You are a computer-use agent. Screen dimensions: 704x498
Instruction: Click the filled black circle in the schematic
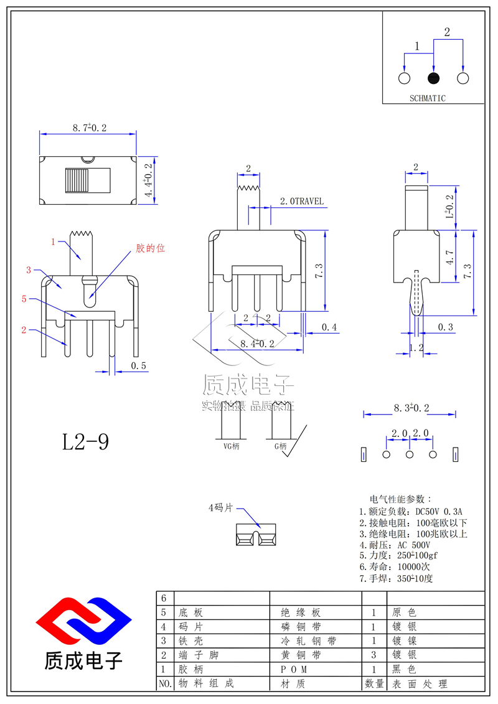pyautogui.click(x=433, y=78)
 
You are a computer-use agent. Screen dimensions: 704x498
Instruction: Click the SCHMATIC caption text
pyautogui.click(x=428, y=98)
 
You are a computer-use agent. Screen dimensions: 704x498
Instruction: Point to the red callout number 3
pyautogui.click(x=29, y=270)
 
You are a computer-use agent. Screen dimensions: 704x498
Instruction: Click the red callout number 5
pyautogui.click(x=24, y=299)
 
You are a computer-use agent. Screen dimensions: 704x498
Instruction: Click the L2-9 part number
pyautogui.click(x=85, y=442)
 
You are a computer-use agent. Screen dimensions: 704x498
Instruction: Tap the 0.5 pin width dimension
pyautogui.click(x=139, y=366)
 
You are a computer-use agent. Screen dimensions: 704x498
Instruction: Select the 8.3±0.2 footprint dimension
pyautogui.click(x=411, y=408)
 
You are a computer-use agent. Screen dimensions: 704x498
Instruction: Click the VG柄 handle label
pyautogui.click(x=231, y=446)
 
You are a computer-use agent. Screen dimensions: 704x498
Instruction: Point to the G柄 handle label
pyautogui.click(x=280, y=446)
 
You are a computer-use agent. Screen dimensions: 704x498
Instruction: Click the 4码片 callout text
pyautogui.click(x=220, y=508)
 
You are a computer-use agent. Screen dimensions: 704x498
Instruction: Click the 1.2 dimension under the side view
pyautogui.click(x=416, y=349)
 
